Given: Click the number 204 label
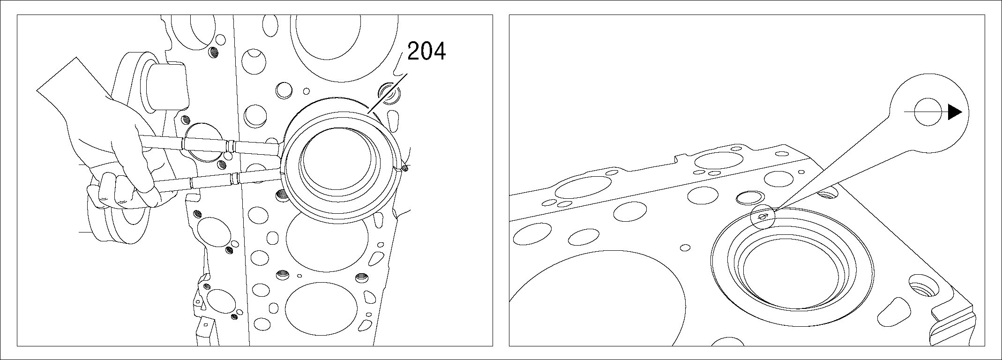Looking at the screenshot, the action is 426,51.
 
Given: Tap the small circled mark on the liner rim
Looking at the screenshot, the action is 763,217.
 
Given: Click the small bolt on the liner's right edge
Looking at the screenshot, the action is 405,168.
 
